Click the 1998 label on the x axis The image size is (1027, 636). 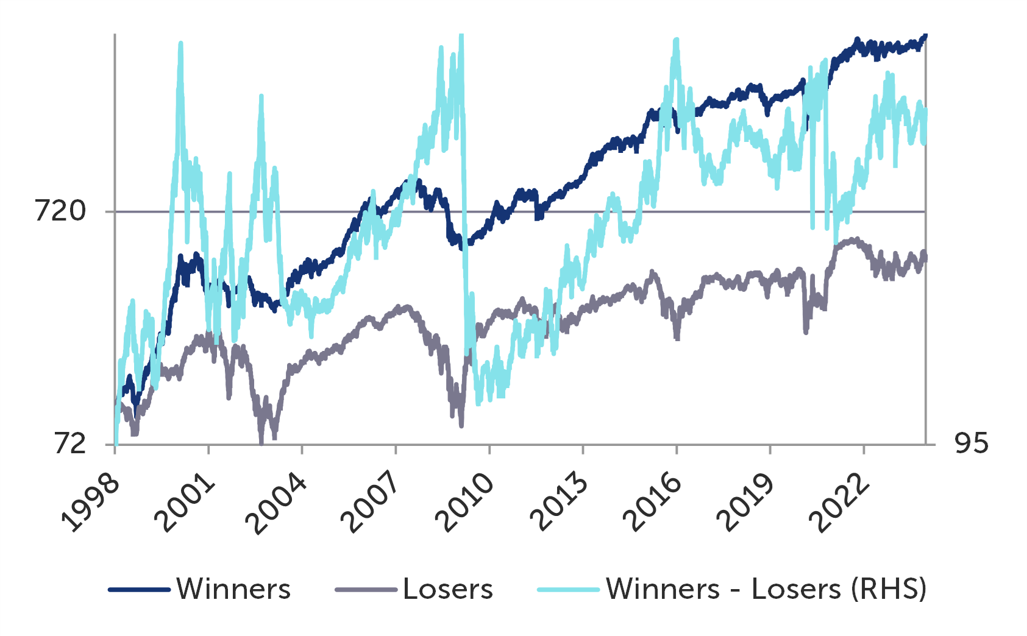click(90, 503)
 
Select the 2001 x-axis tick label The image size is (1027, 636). click(185, 503)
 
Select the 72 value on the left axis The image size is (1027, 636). click(71, 443)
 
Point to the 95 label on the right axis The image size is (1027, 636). click(972, 443)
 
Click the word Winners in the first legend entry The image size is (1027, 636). click(234, 590)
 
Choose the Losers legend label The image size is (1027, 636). click(448, 590)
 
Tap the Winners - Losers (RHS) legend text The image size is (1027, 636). click(766, 590)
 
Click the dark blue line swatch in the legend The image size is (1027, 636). click(139, 590)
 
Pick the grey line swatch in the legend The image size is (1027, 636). click(366, 590)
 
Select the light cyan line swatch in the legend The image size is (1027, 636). click(568, 590)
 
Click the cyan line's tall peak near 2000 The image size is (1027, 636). click(180, 44)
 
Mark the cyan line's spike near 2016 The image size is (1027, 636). click(676, 41)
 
